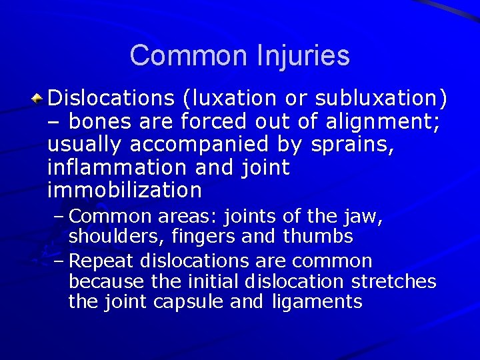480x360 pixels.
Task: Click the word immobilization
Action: [x=125, y=191]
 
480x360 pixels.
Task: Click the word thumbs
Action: [x=318, y=237]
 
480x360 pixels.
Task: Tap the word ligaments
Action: [x=317, y=302]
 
